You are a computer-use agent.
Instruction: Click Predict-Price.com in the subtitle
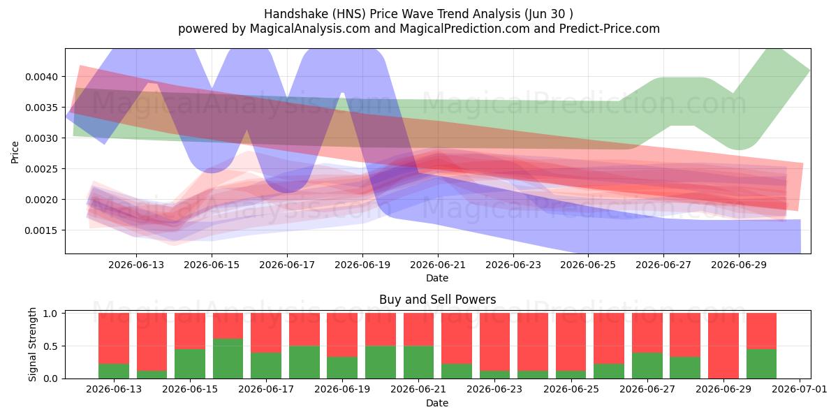pos(610,29)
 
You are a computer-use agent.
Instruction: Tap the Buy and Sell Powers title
pos(437,300)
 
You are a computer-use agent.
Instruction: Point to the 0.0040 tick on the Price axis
pos(41,77)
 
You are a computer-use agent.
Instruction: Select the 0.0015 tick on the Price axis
pos(41,230)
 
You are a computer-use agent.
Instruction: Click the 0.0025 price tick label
pos(41,169)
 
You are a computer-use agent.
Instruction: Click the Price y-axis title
pos(15,152)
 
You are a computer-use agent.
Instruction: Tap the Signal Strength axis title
pos(32,344)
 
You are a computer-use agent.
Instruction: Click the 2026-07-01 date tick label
pos(800,390)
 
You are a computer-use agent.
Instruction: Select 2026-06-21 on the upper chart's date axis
pos(438,265)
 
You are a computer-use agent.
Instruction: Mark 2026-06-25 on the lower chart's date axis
pos(571,390)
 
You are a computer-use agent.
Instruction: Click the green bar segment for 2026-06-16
pos(228,358)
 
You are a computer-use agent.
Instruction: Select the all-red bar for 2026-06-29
pos(723,346)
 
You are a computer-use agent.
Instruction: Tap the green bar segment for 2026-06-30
pos(761,364)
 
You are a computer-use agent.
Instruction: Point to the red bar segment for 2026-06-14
pos(152,342)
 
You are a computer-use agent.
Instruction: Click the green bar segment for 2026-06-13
pos(114,371)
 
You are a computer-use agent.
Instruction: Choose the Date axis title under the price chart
pos(437,278)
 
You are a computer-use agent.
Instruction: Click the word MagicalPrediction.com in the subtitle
pos(464,29)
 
